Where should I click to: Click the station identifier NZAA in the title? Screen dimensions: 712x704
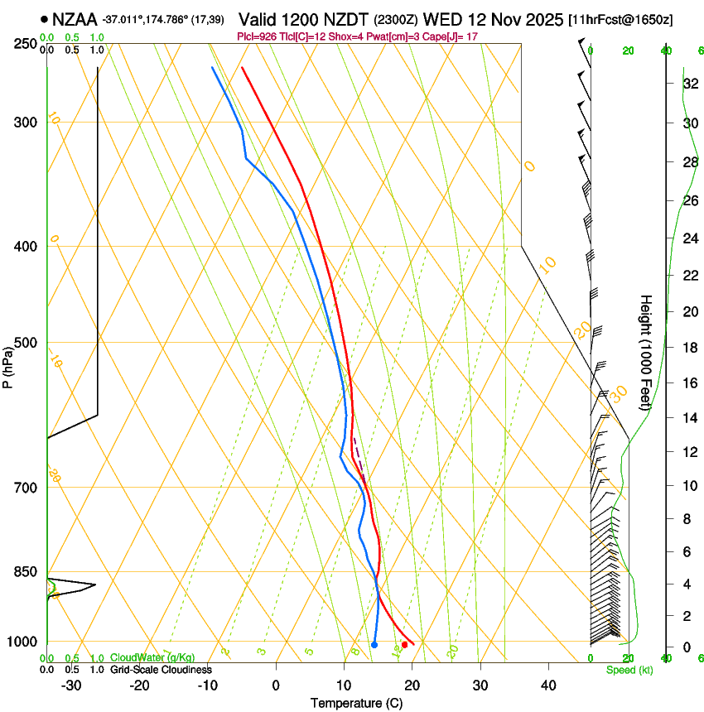75,17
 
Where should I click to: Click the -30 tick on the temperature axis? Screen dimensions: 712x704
71,685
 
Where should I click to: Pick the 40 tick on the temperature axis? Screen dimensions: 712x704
548,685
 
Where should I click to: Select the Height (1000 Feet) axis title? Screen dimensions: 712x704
646,352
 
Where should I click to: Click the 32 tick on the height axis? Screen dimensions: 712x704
689,84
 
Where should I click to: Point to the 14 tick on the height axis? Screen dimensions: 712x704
689,418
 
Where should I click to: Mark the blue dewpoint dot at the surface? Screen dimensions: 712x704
374,645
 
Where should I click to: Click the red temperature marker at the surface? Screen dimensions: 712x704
404,644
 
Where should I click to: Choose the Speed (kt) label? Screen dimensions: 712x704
629,670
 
